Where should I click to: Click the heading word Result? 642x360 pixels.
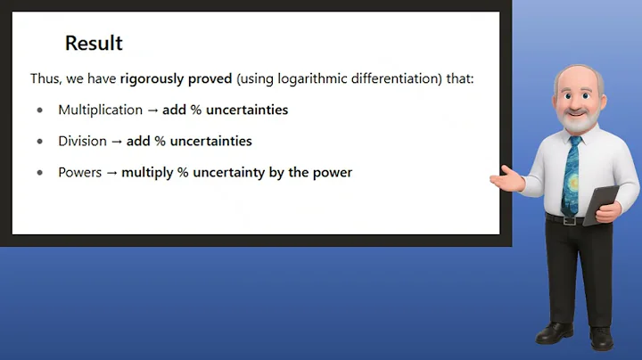[x=94, y=43]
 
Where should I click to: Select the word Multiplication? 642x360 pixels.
[x=100, y=110]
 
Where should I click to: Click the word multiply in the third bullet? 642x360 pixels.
[x=151, y=172]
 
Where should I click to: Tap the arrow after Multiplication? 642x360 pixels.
[x=152, y=110]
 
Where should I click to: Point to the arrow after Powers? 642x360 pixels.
[x=112, y=172]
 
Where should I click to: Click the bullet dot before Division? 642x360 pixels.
[x=40, y=142]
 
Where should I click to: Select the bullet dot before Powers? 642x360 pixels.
[x=40, y=173]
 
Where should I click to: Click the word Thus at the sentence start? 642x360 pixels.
[x=45, y=79]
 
